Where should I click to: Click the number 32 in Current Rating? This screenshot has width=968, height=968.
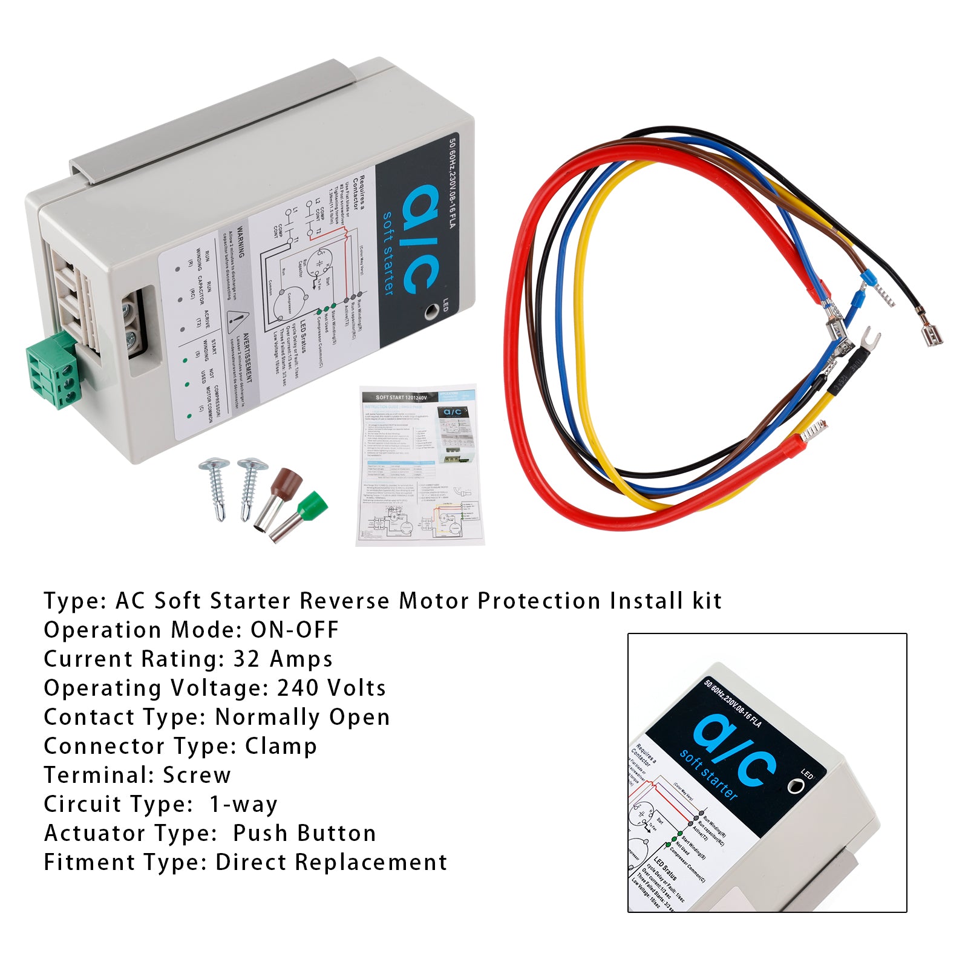(246, 659)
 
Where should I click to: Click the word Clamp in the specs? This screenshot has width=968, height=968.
(281, 746)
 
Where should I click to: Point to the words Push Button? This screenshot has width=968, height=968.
(304, 833)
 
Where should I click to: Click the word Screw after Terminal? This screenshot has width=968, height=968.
(197, 775)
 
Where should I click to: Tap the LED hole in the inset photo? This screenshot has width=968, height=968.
(795, 786)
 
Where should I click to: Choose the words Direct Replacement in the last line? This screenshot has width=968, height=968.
(331, 862)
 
